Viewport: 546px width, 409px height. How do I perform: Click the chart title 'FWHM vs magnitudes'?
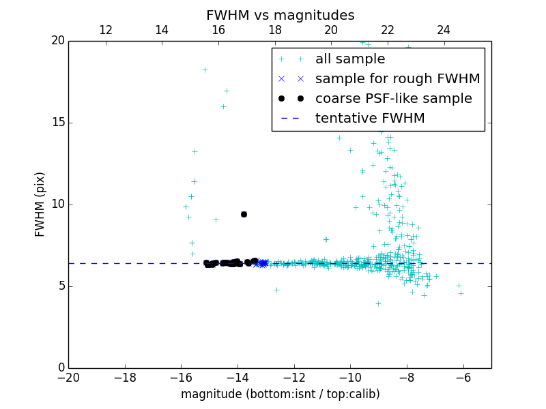(x=280, y=15)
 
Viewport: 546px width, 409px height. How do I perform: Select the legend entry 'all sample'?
(x=350, y=59)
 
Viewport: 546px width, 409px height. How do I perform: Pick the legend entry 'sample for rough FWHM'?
(x=397, y=79)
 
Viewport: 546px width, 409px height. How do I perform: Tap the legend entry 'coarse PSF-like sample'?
(x=393, y=99)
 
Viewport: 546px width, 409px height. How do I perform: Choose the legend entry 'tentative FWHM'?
(x=370, y=119)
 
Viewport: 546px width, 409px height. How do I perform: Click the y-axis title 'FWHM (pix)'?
(x=40, y=204)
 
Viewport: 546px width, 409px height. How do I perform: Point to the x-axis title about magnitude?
(x=280, y=394)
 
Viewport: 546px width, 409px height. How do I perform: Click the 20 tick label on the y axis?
(x=57, y=41)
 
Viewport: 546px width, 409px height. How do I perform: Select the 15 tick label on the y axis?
(x=57, y=123)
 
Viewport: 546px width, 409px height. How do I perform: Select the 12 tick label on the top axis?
(x=106, y=30)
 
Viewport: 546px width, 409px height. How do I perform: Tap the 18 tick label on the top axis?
(x=275, y=30)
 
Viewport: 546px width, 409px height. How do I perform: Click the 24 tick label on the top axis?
(x=444, y=30)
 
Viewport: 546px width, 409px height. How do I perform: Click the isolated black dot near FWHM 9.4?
(x=244, y=214)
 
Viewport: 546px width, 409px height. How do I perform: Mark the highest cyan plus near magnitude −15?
(x=205, y=70)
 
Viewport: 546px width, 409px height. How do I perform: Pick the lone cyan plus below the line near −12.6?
(x=276, y=290)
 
